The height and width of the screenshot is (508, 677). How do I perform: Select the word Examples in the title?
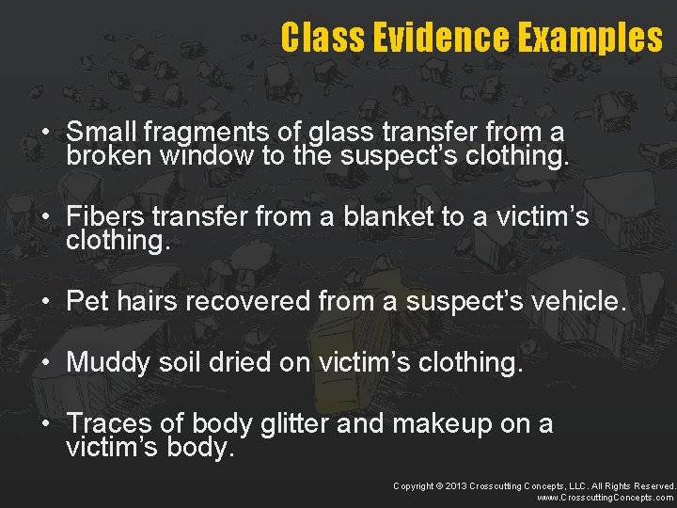click(x=593, y=39)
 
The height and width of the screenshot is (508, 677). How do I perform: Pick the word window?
click(x=207, y=155)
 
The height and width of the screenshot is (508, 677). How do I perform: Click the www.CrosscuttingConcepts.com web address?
click(x=606, y=498)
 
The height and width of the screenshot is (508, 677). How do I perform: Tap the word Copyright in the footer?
click(x=414, y=485)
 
